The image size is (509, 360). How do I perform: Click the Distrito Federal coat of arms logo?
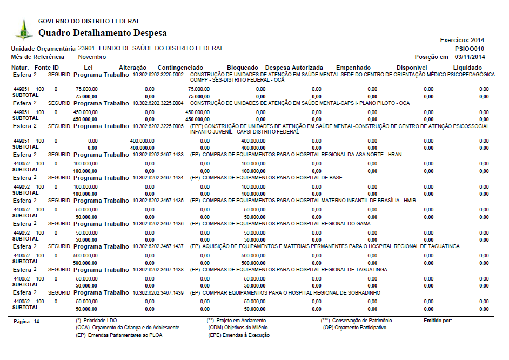(x=23, y=29)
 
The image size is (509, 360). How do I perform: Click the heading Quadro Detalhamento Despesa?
(x=102, y=33)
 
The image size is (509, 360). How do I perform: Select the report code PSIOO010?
(x=470, y=48)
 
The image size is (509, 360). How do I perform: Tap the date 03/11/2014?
(x=470, y=57)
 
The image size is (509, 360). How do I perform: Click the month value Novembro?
(x=92, y=57)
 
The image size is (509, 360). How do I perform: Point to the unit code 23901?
(x=87, y=48)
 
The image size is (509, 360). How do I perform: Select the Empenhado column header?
(x=353, y=68)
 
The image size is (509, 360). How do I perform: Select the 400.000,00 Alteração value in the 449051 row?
(x=142, y=141)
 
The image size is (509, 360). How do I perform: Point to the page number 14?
(x=37, y=321)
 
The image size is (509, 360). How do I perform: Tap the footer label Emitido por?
(x=438, y=321)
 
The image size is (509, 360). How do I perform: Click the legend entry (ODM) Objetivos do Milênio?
(x=238, y=328)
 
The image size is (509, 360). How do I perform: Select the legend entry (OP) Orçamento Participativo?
(x=354, y=328)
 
